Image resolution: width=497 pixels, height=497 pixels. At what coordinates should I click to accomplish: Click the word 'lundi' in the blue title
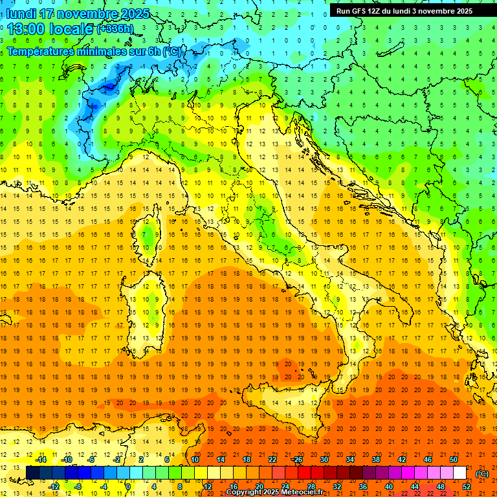pos(22,14)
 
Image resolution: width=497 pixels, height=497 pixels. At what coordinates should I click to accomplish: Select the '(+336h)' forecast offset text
pos(115,29)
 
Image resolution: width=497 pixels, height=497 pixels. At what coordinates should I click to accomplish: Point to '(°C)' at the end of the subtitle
pos(171,50)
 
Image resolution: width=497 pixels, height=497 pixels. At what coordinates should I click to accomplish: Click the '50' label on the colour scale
pos(454,459)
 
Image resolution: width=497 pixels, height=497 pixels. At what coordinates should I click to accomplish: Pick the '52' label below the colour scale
pos(466,487)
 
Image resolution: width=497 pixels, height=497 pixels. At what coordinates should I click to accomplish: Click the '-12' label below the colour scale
pos(54,487)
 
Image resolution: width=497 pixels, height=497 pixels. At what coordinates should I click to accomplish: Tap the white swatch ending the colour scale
pos(459,473)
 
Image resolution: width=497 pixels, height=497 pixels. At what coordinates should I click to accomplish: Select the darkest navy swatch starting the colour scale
pos(32,473)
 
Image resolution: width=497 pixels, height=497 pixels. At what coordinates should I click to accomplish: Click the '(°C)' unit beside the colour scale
pos(482,473)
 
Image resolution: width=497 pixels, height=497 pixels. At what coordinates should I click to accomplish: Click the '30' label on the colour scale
pos(324,459)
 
